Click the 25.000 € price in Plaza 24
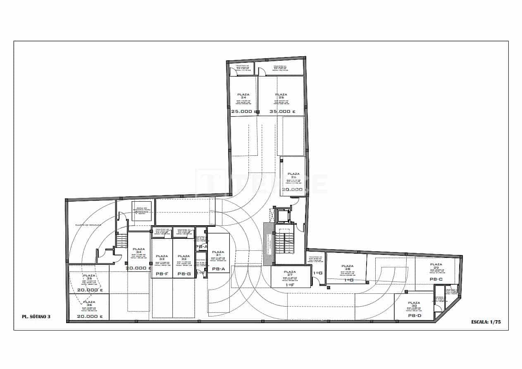tap(242, 112)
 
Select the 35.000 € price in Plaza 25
tap(282, 112)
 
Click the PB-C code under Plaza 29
tap(436, 279)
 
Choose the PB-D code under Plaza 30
tap(414, 316)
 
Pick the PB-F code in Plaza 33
tap(162, 274)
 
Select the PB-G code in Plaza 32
tap(184, 274)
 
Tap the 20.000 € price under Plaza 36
tap(90, 317)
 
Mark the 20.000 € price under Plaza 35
tap(90, 290)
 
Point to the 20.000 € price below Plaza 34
tap(138, 268)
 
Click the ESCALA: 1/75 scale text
tap(486, 321)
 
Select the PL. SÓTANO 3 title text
tap(36, 317)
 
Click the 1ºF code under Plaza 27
tap(290, 285)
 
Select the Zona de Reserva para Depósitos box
tap(142, 210)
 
